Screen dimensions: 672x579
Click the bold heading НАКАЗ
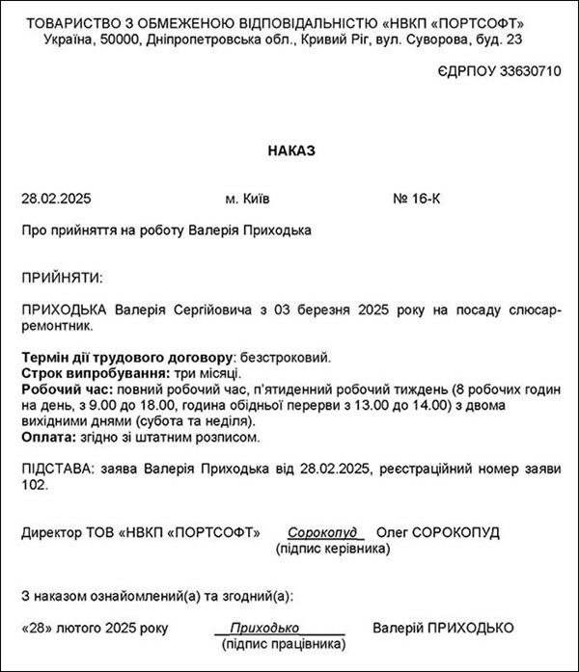pos(290,151)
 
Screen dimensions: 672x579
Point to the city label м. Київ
pos(248,200)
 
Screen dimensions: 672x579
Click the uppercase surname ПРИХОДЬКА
pos(66,310)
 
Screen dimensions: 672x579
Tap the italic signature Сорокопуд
pos(322,533)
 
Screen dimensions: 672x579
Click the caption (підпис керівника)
pos(333,549)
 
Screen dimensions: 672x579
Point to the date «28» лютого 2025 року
pos(94,629)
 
